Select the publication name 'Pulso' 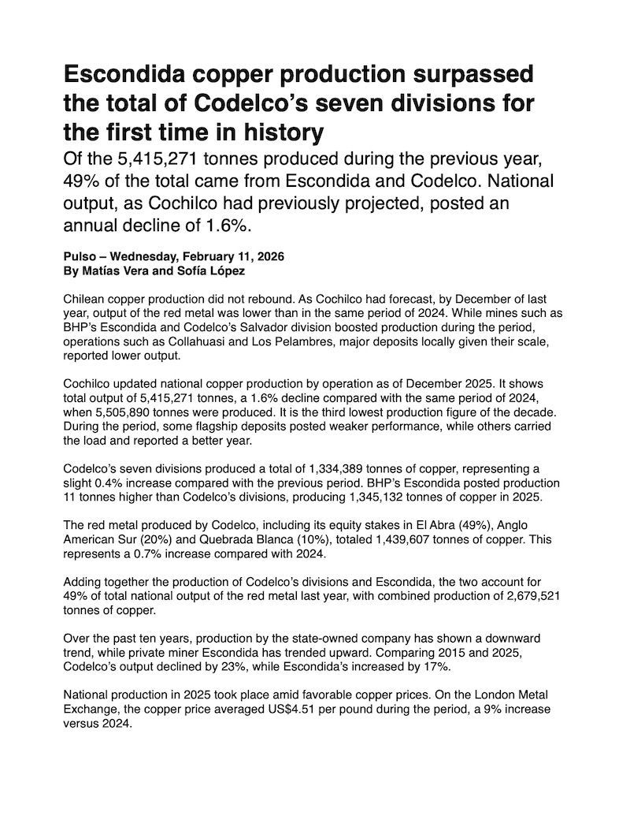80,257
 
